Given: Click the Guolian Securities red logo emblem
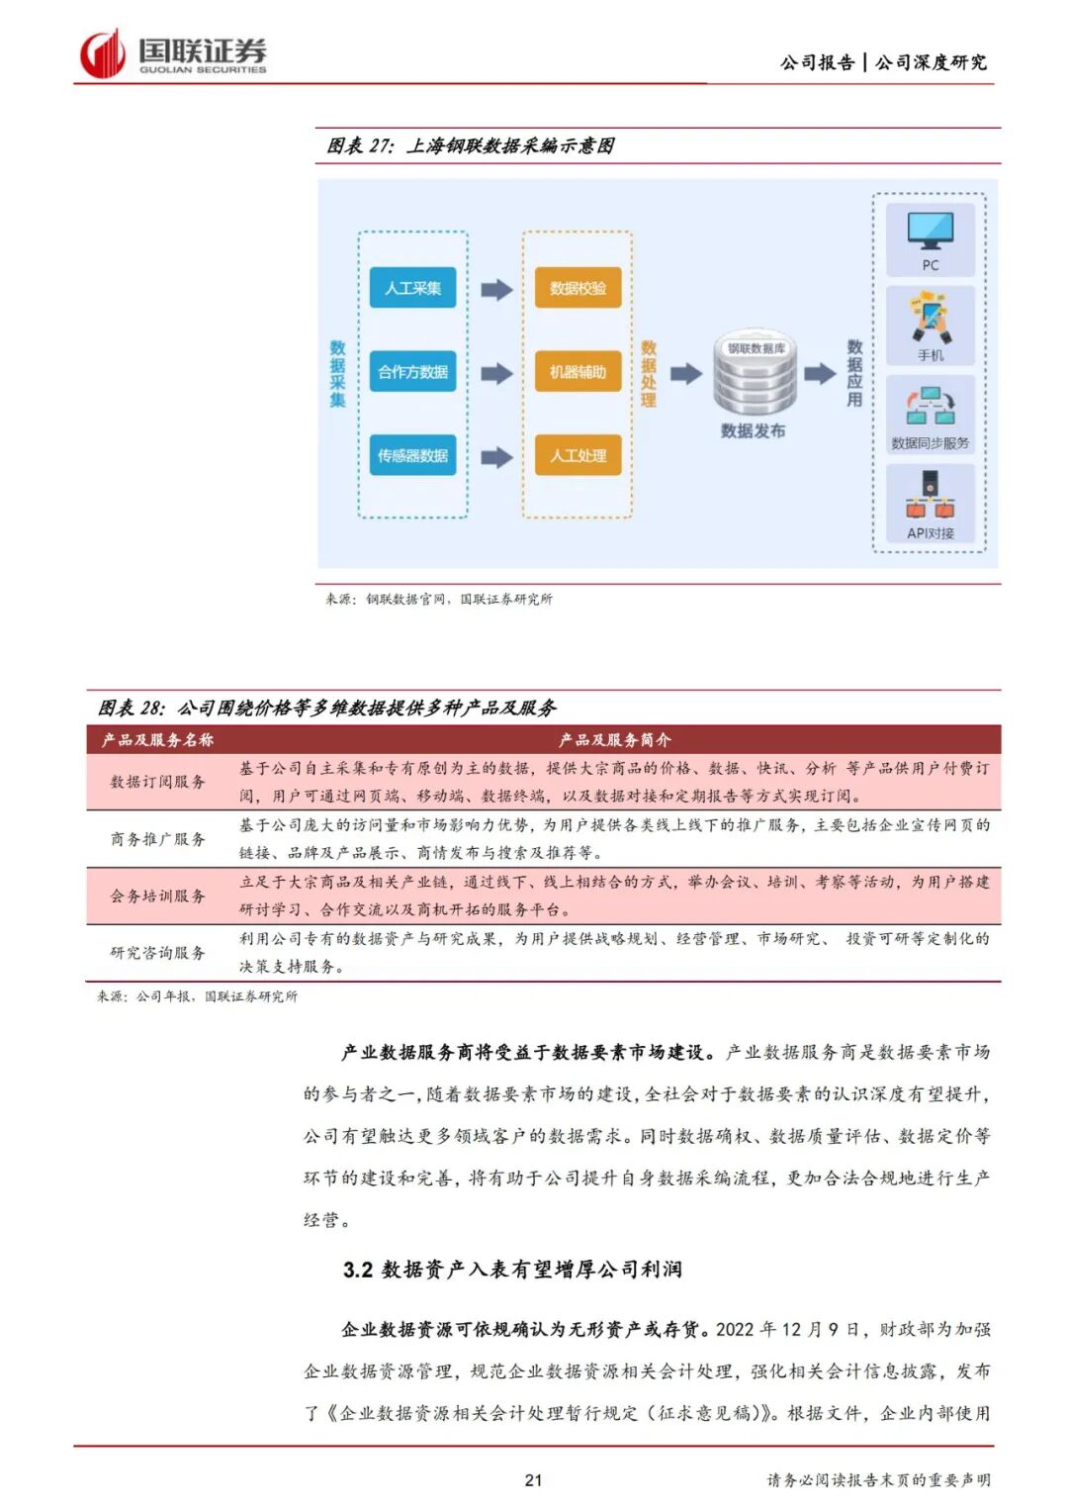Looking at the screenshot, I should click(x=102, y=54).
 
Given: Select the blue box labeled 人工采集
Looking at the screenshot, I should click(x=412, y=288).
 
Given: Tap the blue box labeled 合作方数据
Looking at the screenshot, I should click(x=412, y=372).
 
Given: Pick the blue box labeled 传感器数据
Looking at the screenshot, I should click(x=412, y=455).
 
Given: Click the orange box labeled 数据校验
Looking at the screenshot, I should click(x=578, y=288).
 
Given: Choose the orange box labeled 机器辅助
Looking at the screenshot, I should click(x=578, y=372).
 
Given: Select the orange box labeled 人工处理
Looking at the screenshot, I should click(x=578, y=455).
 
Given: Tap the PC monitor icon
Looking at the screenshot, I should click(x=931, y=232).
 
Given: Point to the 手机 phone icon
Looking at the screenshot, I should click(x=931, y=317).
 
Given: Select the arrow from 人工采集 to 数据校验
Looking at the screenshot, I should click(x=496, y=289).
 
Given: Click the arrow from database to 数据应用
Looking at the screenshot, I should click(x=819, y=374).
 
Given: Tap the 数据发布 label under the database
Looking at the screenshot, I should click(x=753, y=430).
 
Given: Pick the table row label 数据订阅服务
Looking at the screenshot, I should click(x=158, y=782).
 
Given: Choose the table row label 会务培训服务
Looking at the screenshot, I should click(x=158, y=896).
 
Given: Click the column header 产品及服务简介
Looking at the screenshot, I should click(x=614, y=739).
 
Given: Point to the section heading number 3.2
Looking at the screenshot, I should click(x=357, y=1270).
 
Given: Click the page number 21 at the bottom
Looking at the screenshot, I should click(x=533, y=1480).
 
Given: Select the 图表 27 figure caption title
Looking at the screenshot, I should click(x=470, y=146).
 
